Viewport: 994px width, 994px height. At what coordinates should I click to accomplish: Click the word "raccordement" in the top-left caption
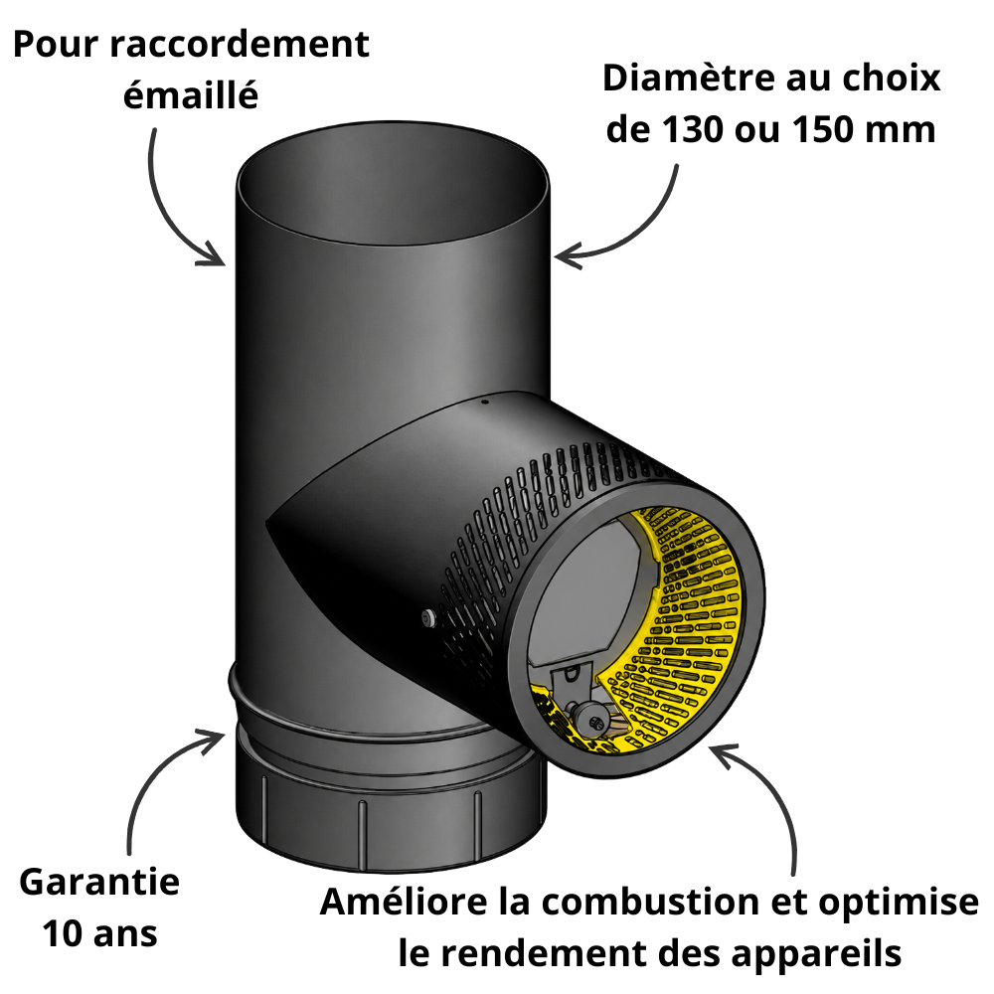click(241, 45)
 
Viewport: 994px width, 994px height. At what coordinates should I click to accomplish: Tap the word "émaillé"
click(191, 95)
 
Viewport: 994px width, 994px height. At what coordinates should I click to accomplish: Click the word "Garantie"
click(99, 882)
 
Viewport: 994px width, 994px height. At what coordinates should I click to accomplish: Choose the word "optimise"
click(899, 903)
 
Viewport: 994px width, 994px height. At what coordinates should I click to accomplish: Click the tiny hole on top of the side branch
click(484, 401)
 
